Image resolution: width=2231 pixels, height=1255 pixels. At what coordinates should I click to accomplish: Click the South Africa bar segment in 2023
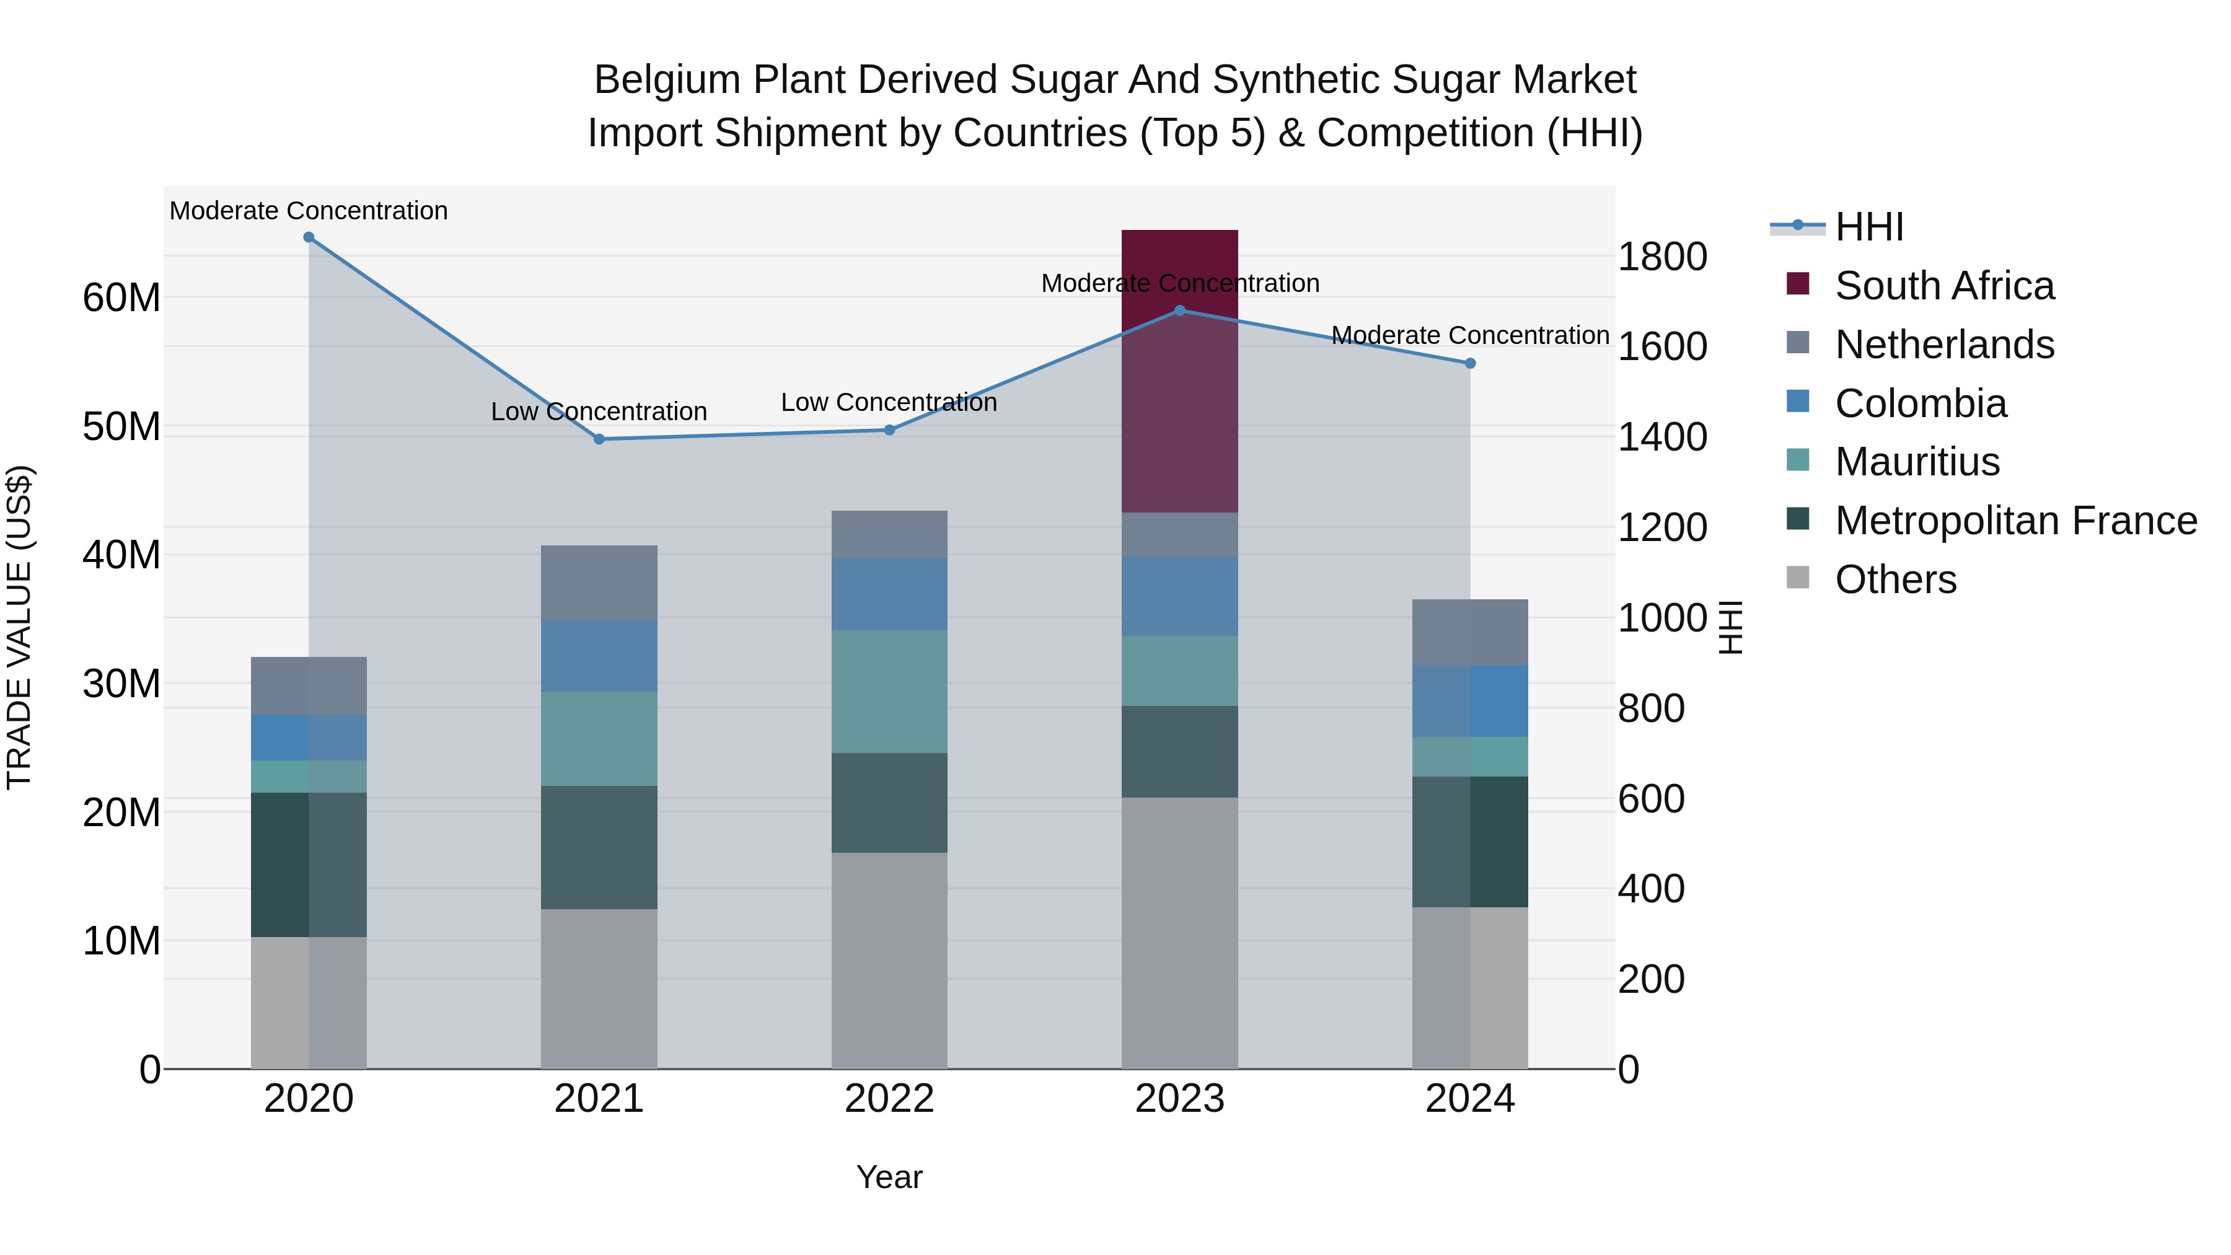click(1179, 372)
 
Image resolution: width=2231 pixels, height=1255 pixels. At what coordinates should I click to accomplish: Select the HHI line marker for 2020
click(309, 237)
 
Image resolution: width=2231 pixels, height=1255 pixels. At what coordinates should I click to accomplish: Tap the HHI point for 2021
click(599, 439)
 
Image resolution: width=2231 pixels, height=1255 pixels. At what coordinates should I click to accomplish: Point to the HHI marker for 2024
click(1470, 364)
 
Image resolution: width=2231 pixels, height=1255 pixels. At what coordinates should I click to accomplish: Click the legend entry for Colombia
click(1920, 403)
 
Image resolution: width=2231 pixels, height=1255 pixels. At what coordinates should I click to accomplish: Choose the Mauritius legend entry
click(1917, 462)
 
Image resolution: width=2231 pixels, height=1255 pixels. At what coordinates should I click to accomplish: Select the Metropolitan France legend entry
click(2015, 521)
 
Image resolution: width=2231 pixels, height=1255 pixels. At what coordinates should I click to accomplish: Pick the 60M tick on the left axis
click(121, 298)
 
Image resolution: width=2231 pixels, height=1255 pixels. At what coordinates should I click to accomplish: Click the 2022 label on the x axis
click(889, 1099)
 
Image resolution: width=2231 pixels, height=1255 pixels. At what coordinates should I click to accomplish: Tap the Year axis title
click(889, 1177)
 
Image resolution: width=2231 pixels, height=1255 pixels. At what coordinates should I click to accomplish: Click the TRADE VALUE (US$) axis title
click(20, 627)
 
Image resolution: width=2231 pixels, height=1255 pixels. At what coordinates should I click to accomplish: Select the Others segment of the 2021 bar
click(599, 989)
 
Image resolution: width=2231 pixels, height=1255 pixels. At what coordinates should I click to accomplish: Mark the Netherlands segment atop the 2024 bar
click(1470, 632)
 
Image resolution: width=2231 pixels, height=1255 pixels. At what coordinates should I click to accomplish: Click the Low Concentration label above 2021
click(599, 412)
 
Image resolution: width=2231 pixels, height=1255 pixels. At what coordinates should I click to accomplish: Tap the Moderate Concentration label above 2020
click(309, 211)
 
